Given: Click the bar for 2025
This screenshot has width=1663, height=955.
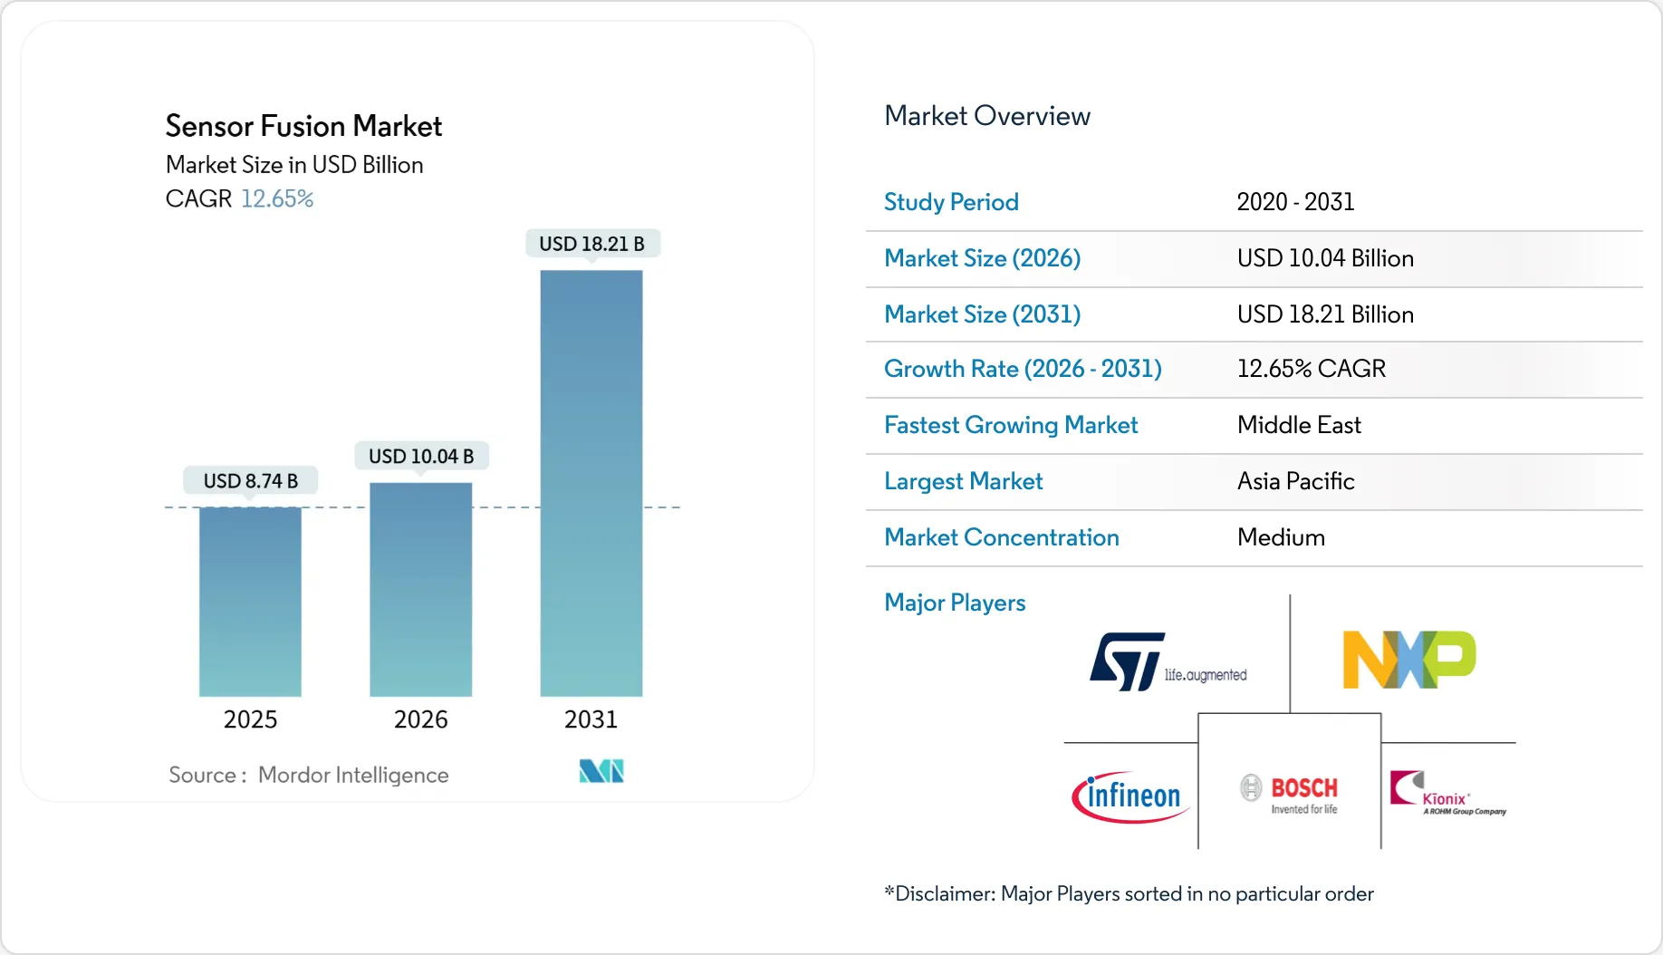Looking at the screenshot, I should (x=250, y=602).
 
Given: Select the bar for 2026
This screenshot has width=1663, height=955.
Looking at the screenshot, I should (x=420, y=589).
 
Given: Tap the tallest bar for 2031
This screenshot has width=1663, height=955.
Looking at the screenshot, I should (x=591, y=483).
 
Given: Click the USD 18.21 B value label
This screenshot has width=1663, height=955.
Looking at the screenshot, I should (x=591, y=244).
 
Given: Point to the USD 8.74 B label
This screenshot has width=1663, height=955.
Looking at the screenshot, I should (x=250, y=481).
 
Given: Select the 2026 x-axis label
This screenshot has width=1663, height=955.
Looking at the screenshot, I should (x=420, y=719).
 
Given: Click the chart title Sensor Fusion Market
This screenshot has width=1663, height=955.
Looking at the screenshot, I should (x=303, y=126).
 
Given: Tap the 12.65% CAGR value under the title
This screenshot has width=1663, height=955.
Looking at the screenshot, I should (x=277, y=198).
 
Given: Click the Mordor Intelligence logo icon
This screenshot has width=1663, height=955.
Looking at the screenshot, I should (x=601, y=771).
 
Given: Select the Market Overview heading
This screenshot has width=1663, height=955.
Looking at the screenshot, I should (x=986, y=116).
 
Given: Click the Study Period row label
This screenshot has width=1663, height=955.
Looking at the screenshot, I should (x=951, y=202).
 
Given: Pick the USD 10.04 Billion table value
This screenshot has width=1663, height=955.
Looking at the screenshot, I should (x=1324, y=258).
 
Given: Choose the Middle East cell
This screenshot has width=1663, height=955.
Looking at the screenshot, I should (x=1299, y=425).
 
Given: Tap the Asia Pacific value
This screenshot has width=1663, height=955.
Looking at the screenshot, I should (x=1295, y=481).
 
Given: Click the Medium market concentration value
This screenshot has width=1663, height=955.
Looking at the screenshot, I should (x=1281, y=537).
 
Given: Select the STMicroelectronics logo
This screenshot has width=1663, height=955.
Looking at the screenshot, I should (x=1168, y=661).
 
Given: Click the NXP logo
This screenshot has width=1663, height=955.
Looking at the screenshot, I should (x=1408, y=660).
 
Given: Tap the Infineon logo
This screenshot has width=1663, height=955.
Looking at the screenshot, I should (x=1130, y=796).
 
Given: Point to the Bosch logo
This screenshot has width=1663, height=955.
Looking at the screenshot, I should (x=1289, y=794).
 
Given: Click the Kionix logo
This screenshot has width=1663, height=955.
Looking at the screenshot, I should (x=1447, y=794).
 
